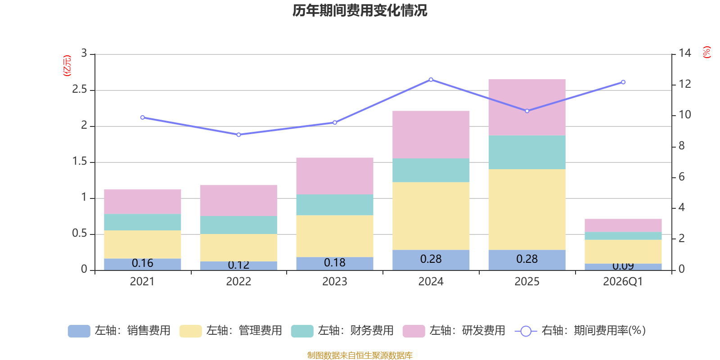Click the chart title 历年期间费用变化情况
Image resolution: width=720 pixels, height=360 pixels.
360,10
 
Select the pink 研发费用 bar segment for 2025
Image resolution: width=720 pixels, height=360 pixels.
526,108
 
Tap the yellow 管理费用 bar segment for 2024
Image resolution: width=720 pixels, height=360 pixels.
431,216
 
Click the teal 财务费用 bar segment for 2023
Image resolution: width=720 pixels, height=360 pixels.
334,205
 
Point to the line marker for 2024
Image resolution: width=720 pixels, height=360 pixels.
431,80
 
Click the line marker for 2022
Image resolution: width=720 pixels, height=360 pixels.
238,135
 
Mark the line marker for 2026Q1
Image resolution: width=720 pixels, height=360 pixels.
623,82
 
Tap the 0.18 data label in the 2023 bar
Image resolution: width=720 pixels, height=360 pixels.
334,262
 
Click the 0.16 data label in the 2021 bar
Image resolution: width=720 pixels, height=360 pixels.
142,263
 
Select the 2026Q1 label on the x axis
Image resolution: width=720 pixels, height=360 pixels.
623,282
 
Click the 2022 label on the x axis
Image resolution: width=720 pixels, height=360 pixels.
238,282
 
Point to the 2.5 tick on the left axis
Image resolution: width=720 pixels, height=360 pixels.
80,90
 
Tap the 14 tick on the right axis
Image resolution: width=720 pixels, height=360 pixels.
685,53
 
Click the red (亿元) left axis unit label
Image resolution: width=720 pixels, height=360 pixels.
67,66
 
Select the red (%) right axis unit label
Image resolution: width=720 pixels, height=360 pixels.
706,52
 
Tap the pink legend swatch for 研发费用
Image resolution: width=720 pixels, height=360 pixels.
414,331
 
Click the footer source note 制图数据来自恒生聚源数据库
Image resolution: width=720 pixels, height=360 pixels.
360,355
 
